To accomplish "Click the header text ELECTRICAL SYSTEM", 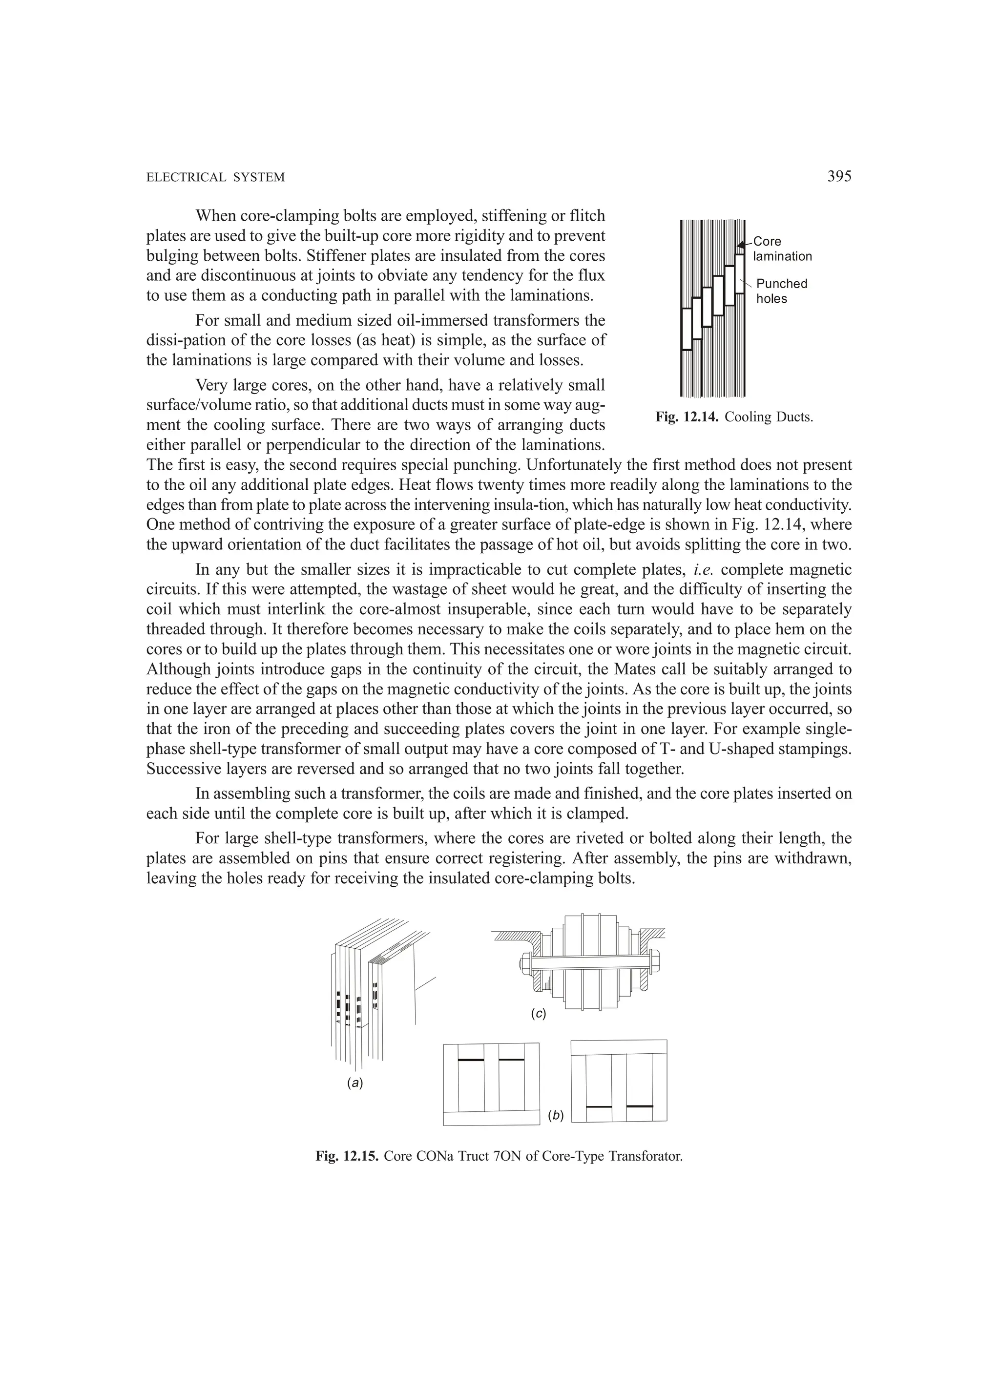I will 215,178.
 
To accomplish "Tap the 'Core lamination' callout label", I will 782,249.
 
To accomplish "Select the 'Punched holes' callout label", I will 782,291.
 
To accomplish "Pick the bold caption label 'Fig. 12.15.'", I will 348,1156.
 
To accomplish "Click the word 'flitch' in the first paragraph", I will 588,216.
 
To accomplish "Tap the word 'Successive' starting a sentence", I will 178,769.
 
